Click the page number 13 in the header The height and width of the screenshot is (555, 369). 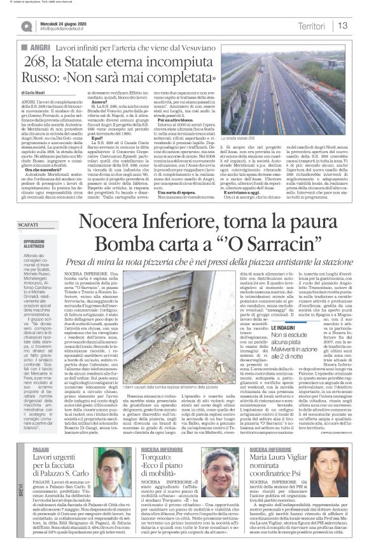click(x=342, y=26)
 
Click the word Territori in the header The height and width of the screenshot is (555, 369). click(x=312, y=26)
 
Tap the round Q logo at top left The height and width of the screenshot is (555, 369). click(x=27, y=26)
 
